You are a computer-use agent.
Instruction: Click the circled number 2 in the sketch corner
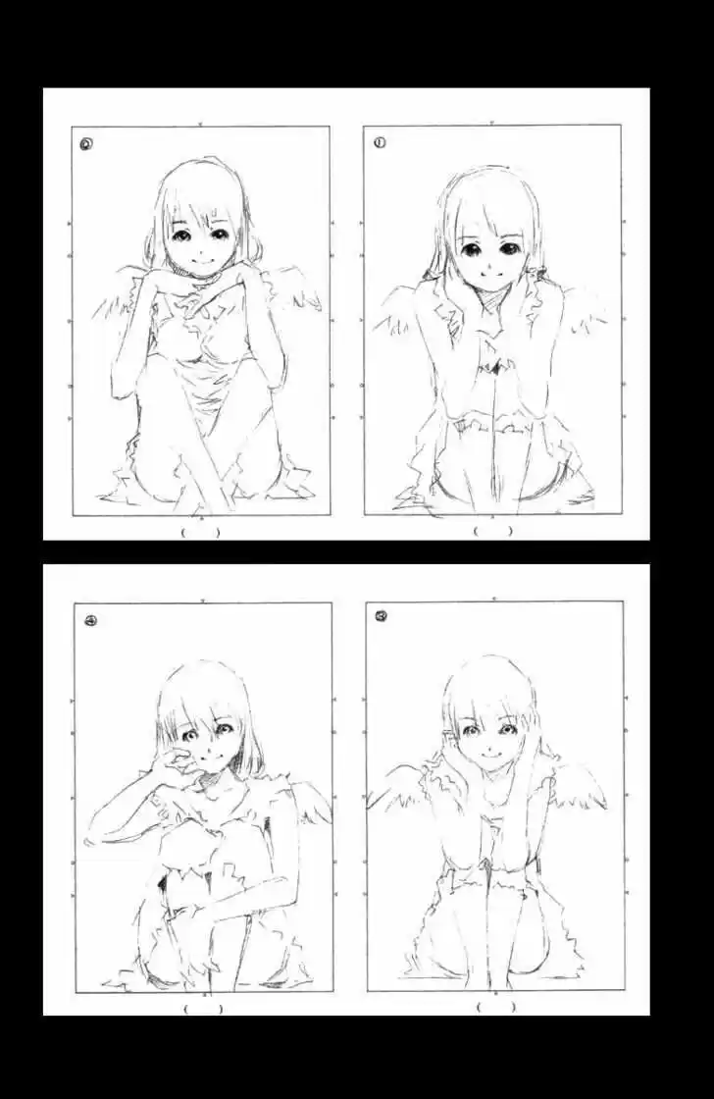pyautogui.click(x=87, y=143)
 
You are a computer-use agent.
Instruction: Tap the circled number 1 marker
pyautogui.click(x=380, y=142)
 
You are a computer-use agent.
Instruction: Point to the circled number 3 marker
pyautogui.click(x=381, y=617)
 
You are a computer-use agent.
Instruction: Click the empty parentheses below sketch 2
pyautogui.click(x=200, y=532)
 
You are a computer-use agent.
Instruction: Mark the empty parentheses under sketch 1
pyautogui.click(x=492, y=531)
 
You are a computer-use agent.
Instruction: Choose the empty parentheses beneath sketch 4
pyautogui.click(x=203, y=1008)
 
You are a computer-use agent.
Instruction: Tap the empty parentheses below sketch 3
pyautogui.click(x=494, y=1007)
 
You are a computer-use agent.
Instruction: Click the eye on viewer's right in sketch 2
pyautogui.click(x=215, y=236)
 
